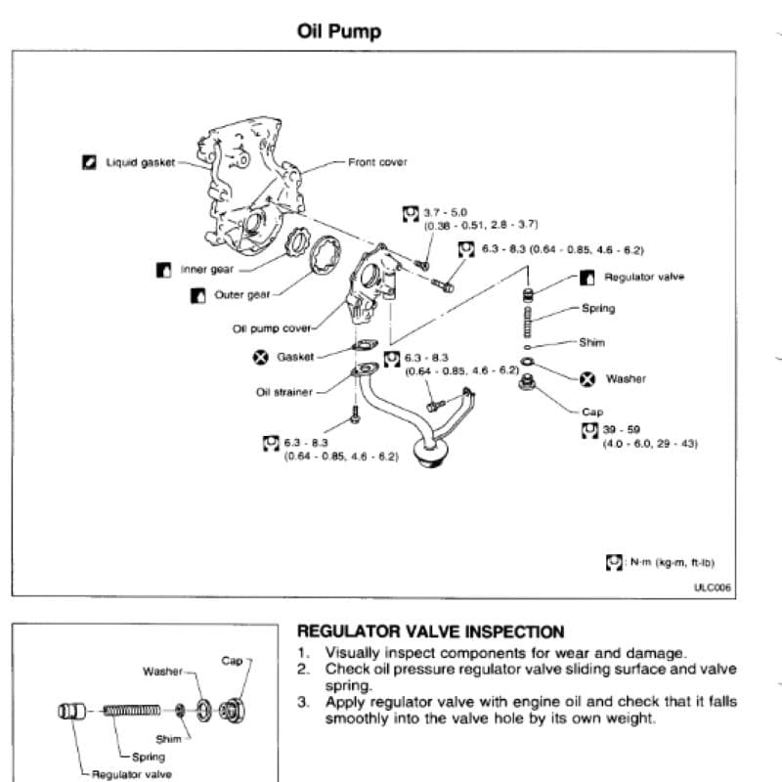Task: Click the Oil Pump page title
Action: pyautogui.click(x=339, y=31)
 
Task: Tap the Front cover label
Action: pyautogui.click(x=377, y=162)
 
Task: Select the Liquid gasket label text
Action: pyautogui.click(x=140, y=162)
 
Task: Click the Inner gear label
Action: pyautogui.click(x=207, y=270)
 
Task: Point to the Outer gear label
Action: pyautogui.click(x=241, y=295)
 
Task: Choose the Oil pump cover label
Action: pyautogui.click(x=272, y=328)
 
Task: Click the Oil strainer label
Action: pyautogui.click(x=284, y=392)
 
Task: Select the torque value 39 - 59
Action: pyautogui.click(x=622, y=429)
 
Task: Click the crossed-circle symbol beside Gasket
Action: pyautogui.click(x=260, y=357)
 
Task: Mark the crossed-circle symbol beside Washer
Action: pyautogui.click(x=587, y=379)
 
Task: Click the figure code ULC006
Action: pyautogui.click(x=713, y=587)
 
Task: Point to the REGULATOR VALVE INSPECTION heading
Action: pyautogui.click(x=430, y=631)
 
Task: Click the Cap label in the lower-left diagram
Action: pyautogui.click(x=232, y=661)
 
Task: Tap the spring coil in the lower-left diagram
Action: pyautogui.click(x=132, y=711)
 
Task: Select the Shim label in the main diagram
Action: pyautogui.click(x=592, y=343)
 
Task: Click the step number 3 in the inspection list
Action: pyautogui.click(x=303, y=702)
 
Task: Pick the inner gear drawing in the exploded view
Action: pyautogui.click(x=298, y=241)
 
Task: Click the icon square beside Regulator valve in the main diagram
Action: pyautogui.click(x=587, y=278)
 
